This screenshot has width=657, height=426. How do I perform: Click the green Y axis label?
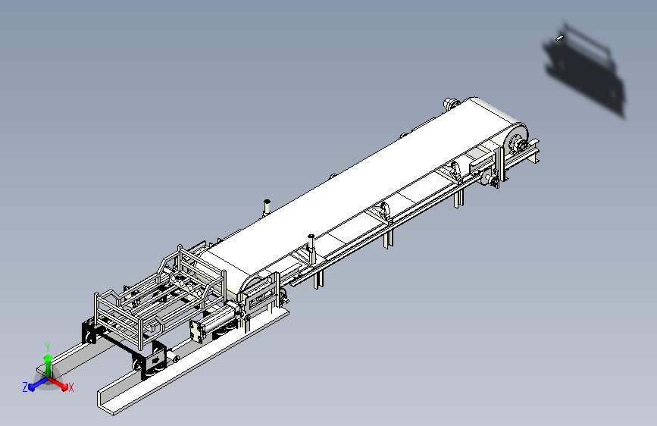48,347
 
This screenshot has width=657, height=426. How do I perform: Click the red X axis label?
70,387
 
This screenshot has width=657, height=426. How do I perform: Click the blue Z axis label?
25,387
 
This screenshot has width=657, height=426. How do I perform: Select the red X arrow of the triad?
58,384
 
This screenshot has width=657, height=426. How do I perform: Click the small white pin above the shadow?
559,39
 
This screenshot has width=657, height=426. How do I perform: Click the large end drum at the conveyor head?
515,139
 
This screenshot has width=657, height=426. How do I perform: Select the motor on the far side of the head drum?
451,103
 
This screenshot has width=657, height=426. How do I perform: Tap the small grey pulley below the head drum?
487,178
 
